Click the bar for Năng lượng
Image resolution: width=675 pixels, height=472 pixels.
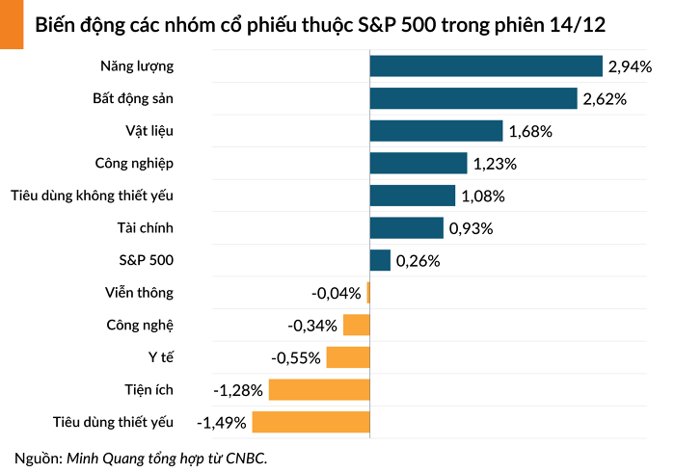[486, 66]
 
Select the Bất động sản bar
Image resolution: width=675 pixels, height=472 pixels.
[473, 98]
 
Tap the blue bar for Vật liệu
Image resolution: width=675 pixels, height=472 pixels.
[436, 131]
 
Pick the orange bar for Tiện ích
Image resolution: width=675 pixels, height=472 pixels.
[319, 390]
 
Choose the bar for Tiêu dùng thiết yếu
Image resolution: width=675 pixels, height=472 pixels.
[310, 422]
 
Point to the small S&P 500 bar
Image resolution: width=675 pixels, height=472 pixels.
[380, 260]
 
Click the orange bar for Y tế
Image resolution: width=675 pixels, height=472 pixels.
[348, 357]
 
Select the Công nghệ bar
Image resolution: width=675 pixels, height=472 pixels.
[356, 325]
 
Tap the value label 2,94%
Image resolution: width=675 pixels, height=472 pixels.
[630, 66]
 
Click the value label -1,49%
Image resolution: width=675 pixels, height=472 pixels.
[222, 423]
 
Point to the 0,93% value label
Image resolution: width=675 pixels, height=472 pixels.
[471, 228]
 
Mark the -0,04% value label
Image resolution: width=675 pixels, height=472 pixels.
[336, 293]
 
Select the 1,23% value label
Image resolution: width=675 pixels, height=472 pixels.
[495, 164]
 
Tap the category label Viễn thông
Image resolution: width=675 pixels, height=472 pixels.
[140, 293]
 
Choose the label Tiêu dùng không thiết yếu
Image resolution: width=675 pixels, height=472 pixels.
[93, 196]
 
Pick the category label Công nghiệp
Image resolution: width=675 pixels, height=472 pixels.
[134, 163]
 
